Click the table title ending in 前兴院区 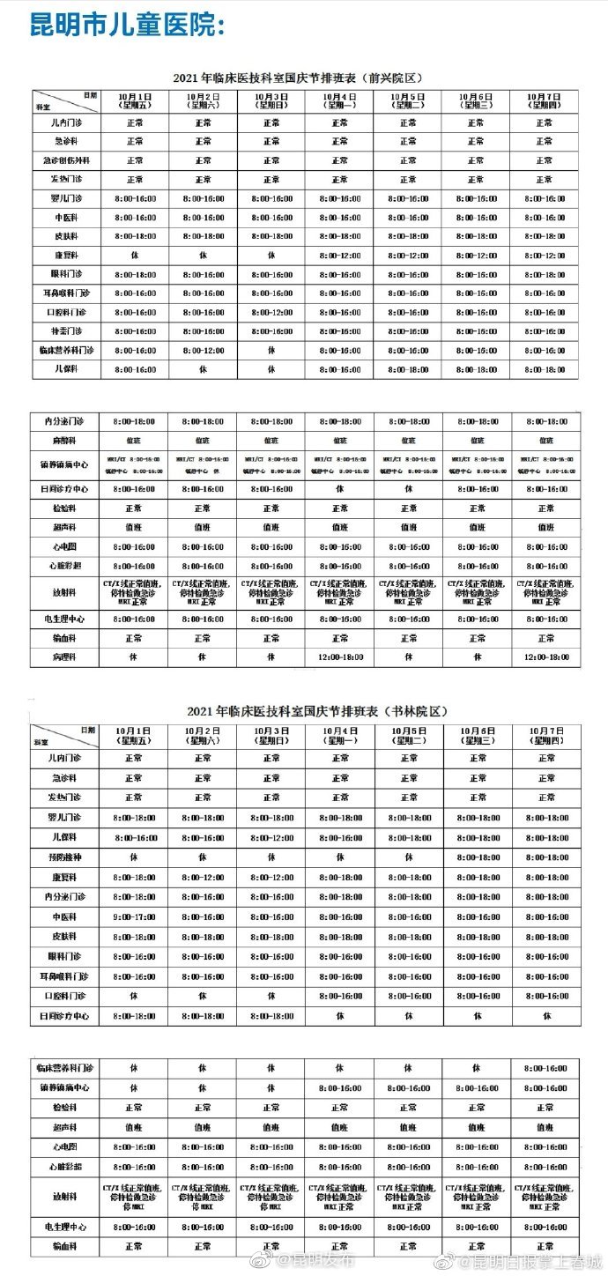(x=304, y=77)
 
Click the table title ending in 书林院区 (x=304, y=711)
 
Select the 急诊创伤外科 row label (x=67, y=160)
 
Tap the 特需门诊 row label (x=67, y=331)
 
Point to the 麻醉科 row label (x=67, y=439)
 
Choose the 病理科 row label (x=67, y=657)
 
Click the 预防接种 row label (x=67, y=857)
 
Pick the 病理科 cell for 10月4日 (x=339, y=657)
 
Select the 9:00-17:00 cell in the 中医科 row (x=134, y=916)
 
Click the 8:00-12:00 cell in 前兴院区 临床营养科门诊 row (x=203, y=351)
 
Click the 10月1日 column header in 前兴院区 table (x=134, y=100)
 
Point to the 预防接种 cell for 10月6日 (x=478, y=857)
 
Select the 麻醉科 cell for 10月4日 (x=339, y=439)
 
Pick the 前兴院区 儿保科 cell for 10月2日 (x=203, y=370)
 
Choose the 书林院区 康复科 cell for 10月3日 (x=271, y=877)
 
